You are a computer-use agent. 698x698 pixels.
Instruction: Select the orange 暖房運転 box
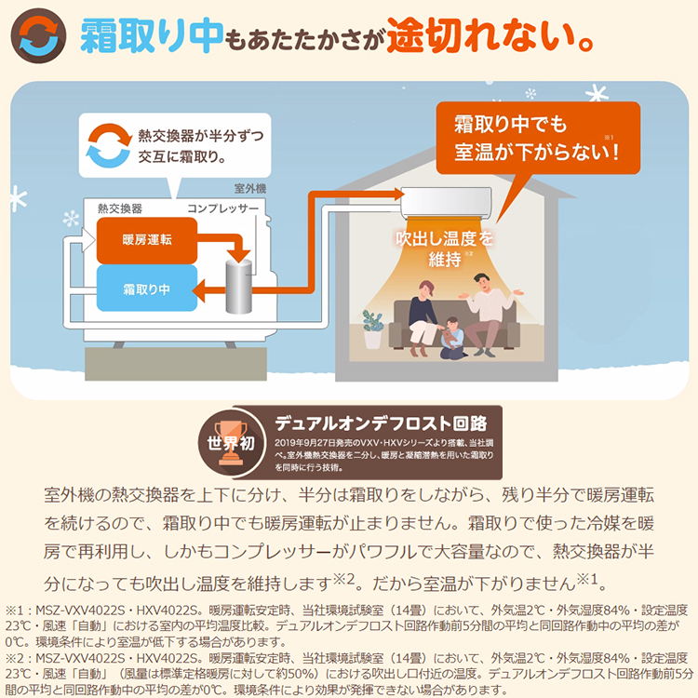click(146, 239)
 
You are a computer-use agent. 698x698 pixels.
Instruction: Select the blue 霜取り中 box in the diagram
click(146, 289)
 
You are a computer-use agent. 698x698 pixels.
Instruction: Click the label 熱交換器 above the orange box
click(119, 208)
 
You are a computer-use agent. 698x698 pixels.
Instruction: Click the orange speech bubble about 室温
click(536, 137)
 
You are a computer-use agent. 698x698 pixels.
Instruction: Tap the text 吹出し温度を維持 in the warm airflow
click(446, 248)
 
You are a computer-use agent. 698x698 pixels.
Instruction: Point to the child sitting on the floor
click(450, 337)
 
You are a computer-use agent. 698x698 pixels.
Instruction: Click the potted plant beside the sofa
click(373, 328)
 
